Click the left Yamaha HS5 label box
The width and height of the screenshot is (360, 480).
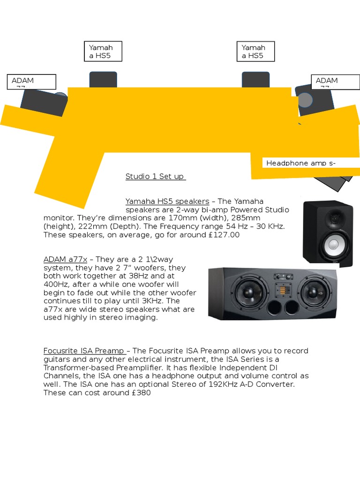(x=103, y=51)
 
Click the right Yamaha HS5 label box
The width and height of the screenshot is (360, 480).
(x=255, y=51)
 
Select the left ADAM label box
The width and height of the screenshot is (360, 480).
(x=32, y=82)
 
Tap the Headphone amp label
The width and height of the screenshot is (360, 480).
(x=301, y=163)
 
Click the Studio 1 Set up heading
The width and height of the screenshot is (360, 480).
(x=155, y=177)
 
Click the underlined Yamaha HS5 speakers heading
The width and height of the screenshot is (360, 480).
(x=167, y=201)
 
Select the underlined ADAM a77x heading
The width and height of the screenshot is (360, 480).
(x=65, y=259)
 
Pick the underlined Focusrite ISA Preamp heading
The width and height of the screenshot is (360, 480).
(x=84, y=351)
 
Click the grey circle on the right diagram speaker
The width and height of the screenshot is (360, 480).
(x=305, y=99)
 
